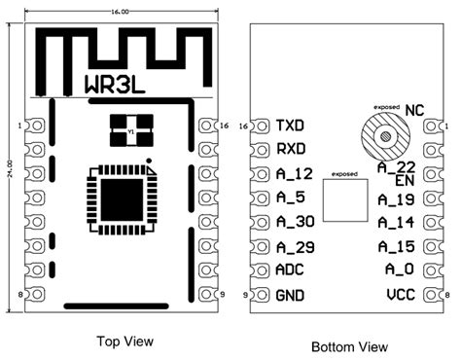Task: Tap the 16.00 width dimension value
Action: [x=122, y=12]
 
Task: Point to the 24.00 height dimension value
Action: [x=10, y=162]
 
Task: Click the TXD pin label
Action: [x=291, y=126]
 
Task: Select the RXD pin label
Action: [x=291, y=150]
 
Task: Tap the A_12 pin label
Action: [x=294, y=174]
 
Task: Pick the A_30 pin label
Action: [x=295, y=222]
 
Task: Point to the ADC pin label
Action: [x=291, y=270]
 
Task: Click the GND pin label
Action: [x=291, y=294]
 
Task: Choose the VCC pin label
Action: [x=401, y=293]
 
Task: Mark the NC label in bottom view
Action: [x=414, y=110]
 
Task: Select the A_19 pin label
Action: [x=399, y=199]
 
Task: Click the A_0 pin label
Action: [x=400, y=270]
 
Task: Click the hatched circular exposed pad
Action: [x=385, y=135]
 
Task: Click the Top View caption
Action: [x=122, y=342]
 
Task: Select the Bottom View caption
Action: [x=349, y=345]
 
